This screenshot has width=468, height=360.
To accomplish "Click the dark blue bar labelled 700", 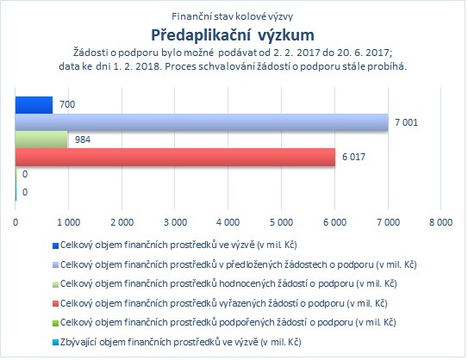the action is (34, 105).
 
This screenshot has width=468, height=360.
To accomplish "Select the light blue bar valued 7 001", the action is (202, 122).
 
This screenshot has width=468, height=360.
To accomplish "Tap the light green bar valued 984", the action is (41, 140).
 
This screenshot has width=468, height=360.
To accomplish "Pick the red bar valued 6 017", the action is (175, 157).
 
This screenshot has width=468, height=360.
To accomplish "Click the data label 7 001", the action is (406, 122).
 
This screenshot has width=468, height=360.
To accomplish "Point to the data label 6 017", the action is (353, 157).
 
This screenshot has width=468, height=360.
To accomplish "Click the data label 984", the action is (83, 140).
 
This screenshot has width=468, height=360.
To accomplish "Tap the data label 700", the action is (67, 104).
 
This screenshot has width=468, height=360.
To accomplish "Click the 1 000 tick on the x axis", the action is (69, 222).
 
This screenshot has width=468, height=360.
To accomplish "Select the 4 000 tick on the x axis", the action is (228, 222).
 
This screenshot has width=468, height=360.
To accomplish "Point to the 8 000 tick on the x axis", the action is (440, 222).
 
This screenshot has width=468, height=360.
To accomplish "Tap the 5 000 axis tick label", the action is (282, 222).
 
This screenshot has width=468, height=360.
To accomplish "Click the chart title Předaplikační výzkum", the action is (233, 35).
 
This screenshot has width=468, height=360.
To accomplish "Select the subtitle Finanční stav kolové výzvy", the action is (232, 16).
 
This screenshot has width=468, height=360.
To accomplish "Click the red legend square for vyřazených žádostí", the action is (55, 304).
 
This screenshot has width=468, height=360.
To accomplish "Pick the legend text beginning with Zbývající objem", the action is (181, 342).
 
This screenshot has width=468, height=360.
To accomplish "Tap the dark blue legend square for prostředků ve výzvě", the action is (55, 245).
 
